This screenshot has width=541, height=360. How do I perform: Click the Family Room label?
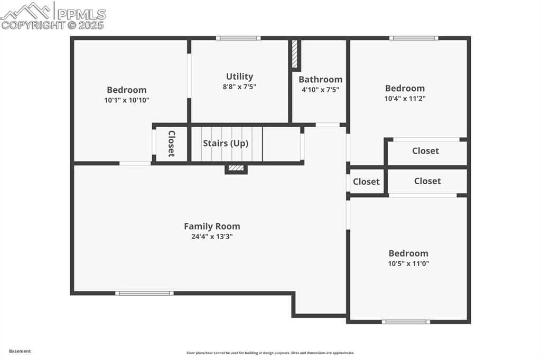click(212, 226)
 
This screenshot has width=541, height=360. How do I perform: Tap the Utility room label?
click(239, 77)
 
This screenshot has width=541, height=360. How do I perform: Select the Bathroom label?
click(320, 80)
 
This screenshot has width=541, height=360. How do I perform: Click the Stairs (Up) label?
click(226, 144)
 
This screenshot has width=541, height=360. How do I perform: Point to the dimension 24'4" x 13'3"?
click(212, 237)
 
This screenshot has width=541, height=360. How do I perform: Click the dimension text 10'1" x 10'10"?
click(127, 100)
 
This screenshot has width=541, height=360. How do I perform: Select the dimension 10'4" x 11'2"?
click(405, 98)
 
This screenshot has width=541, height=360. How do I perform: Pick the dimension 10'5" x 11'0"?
click(408, 263)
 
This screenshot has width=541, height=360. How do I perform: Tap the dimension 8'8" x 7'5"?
click(239, 87)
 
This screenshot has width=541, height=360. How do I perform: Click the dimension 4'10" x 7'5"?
click(320, 90)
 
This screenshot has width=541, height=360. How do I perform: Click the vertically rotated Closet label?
click(171, 144)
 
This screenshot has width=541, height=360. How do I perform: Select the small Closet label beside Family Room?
click(366, 182)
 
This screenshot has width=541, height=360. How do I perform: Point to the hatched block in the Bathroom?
click(295, 54)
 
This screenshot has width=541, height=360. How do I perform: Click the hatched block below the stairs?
click(236, 168)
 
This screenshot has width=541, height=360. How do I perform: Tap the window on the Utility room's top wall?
click(238, 38)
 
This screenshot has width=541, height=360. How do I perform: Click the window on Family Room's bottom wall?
click(144, 293)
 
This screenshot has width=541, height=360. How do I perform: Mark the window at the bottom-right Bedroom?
click(406, 321)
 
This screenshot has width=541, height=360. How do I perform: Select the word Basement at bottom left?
click(20, 351)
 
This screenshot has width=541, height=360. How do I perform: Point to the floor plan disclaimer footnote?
click(270, 353)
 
